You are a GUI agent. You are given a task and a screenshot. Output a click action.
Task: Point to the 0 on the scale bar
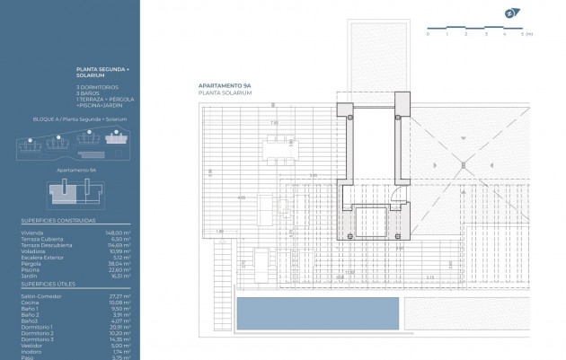click(x=428, y=33)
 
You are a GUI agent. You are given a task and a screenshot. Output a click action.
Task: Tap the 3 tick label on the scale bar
click(x=486, y=33)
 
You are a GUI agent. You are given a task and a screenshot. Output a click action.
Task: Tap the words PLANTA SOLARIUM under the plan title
click(x=225, y=92)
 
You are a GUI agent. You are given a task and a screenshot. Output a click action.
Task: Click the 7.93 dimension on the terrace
click(x=276, y=122)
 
